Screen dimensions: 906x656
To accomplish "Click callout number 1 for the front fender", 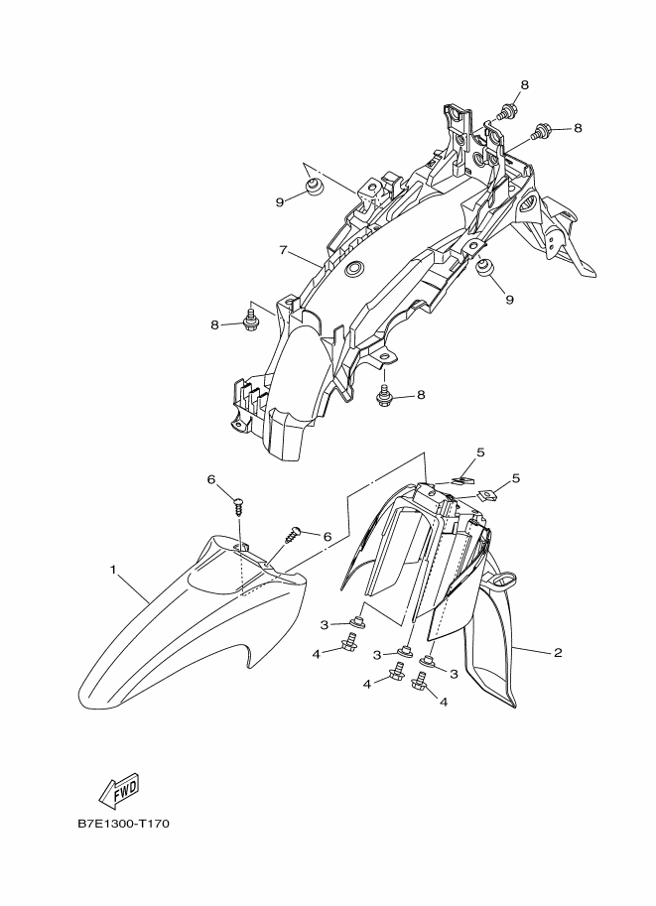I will [x=113, y=570].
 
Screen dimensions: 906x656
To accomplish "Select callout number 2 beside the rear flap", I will [x=558, y=652].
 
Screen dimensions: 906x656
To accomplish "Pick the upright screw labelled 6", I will [x=238, y=504].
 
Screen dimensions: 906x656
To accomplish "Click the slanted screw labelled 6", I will [x=294, y=534].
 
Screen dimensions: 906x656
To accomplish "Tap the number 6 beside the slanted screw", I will [x=327, y=537].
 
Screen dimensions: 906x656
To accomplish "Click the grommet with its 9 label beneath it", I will [x=485, y=268].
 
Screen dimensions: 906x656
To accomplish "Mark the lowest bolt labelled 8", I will [x=384, y=396].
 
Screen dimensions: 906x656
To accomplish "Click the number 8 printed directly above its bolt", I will [x=524, y=84].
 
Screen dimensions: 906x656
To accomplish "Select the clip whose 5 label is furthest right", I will [x=486, y=492].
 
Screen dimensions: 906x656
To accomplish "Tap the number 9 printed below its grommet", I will [x=508, y=299].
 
